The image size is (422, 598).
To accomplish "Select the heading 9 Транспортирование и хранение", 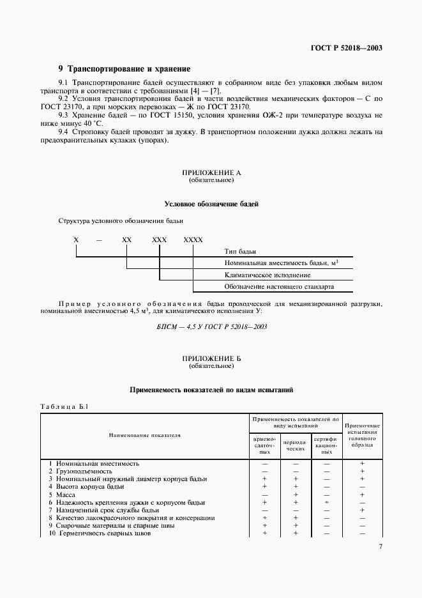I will pos(124,68).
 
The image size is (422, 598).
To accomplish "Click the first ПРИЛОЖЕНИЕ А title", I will pos(211,173).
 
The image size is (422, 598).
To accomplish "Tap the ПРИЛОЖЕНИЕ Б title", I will pos(211,360).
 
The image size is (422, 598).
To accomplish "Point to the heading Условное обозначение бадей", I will pos(211,204).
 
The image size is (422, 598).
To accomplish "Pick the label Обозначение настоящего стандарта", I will pos(279,286).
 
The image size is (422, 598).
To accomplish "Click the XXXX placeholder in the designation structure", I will pos(193,239).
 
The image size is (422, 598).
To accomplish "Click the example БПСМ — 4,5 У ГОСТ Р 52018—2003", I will pos(211,326).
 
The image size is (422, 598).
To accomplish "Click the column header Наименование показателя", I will pos(145,435).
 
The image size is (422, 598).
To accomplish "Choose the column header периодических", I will pos(295,445).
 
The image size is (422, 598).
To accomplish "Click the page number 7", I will pos(380,564).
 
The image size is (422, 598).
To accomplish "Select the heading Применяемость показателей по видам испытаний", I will pos(211,389).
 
